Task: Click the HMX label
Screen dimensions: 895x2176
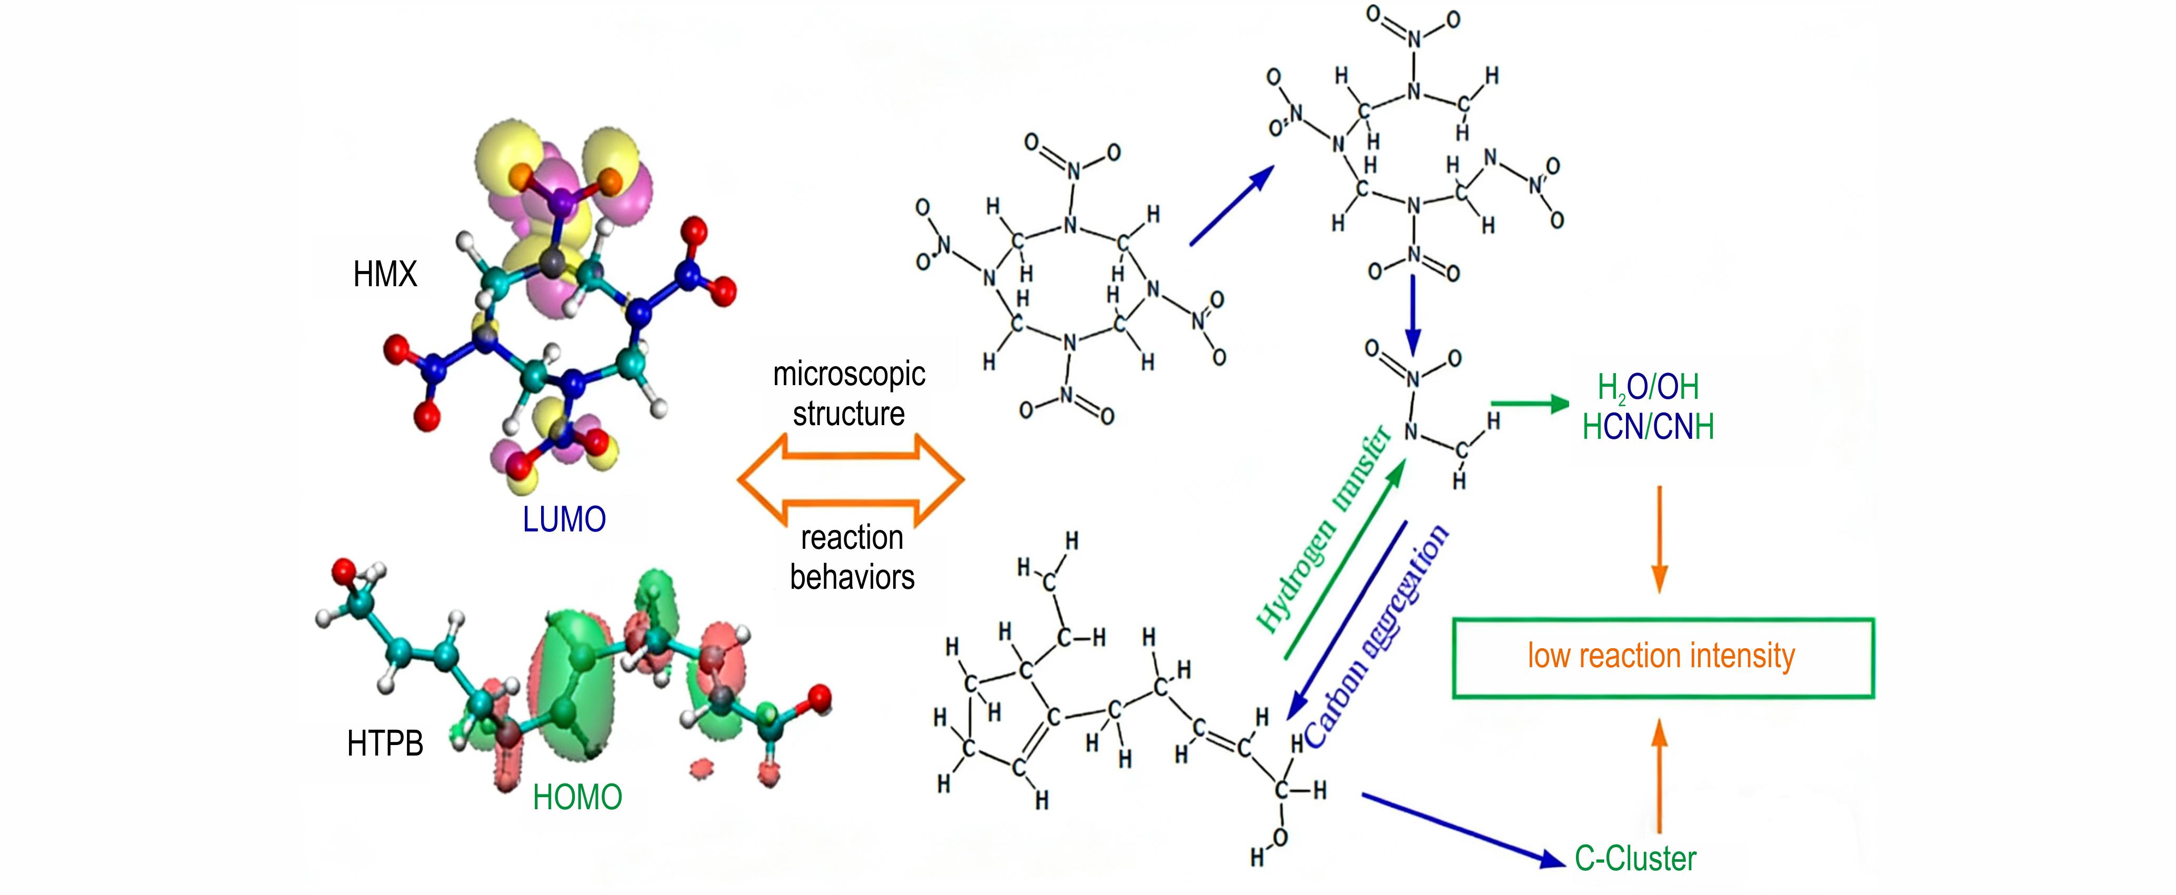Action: point(385,275)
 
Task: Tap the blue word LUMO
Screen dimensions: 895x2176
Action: point(564,519)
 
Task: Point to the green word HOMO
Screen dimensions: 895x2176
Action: point(577,797)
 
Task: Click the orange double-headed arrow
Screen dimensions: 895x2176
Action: point(851,479)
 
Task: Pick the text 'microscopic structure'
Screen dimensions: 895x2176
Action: point(849,394)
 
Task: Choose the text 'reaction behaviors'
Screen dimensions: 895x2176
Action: point(852,557)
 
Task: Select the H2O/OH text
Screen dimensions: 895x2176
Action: point(1647,387)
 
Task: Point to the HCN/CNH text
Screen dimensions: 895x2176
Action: point(1647,427)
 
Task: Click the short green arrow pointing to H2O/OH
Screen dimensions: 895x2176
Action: point(1530,405)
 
